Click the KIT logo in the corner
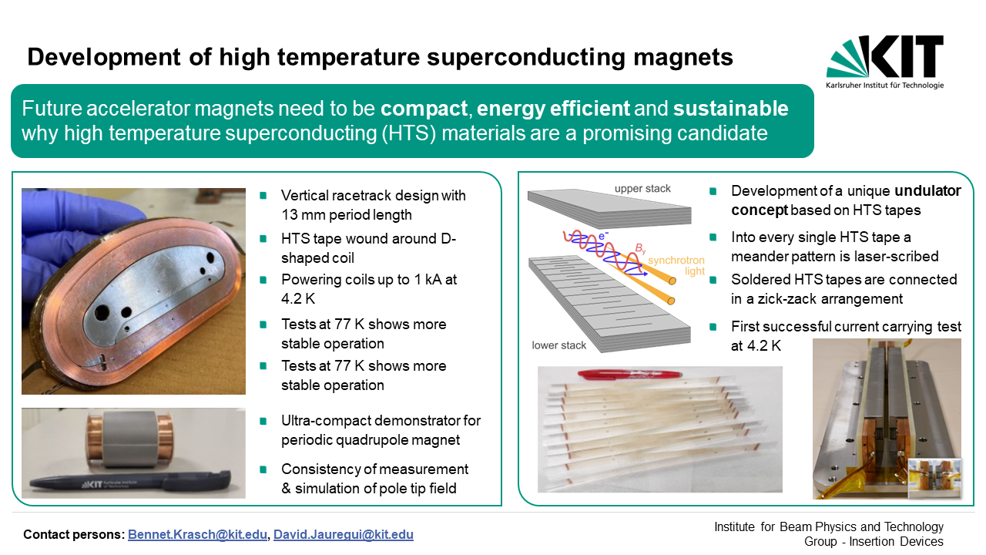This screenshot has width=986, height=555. [885, 62]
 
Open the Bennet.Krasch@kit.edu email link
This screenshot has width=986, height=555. [197, 534]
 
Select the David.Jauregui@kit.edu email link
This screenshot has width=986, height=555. [344, 534]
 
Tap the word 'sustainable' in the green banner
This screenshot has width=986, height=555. [730, 109]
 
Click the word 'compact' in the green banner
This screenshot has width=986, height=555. [424, 109]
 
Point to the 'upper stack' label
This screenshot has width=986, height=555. [642, 189]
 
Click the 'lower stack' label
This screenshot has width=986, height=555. [558, 345]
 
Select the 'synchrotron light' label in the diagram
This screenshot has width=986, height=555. [676, 266]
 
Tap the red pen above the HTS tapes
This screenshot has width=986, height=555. [629, 375]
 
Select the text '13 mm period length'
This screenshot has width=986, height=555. [347, 215]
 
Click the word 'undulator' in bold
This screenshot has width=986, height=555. [928, 190]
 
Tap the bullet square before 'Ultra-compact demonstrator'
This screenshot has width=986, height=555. [263, 421]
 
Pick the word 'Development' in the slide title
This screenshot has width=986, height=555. [104, 58]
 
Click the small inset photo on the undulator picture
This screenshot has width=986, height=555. [935, 479]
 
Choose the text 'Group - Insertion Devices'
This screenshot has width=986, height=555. [874, 541]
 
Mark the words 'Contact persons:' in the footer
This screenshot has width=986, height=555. [73, 534]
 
